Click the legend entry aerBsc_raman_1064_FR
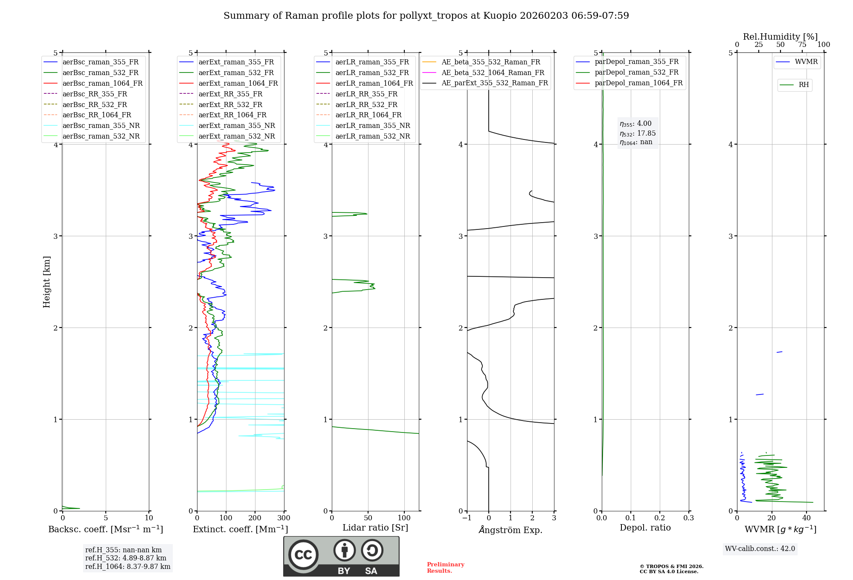[x=102, y=83]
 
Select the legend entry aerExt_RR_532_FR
[x=230, y=104]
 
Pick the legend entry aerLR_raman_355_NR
[x=372, y=125]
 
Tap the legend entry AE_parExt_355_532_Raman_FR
[x=494, y=83]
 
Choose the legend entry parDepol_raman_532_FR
[x=636, y=72]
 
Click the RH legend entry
[x=804, y=85]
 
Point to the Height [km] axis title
[x=46, y=282]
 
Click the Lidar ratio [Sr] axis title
[x=375, y=528]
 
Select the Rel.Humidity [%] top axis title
[x=780, y=37]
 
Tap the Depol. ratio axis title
[x=645, y=528]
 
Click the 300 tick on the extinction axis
[x=284, y=518]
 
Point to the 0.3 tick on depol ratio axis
[x=688, y=518]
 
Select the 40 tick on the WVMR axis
[x=806, y=518]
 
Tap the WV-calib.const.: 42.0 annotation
[x=760, y=548]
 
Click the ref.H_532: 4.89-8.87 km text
[x=125, y=558]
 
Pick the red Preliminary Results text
[x=445, y=568]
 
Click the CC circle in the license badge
[x=303, y=555]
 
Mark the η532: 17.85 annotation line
[x=638, y=133]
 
